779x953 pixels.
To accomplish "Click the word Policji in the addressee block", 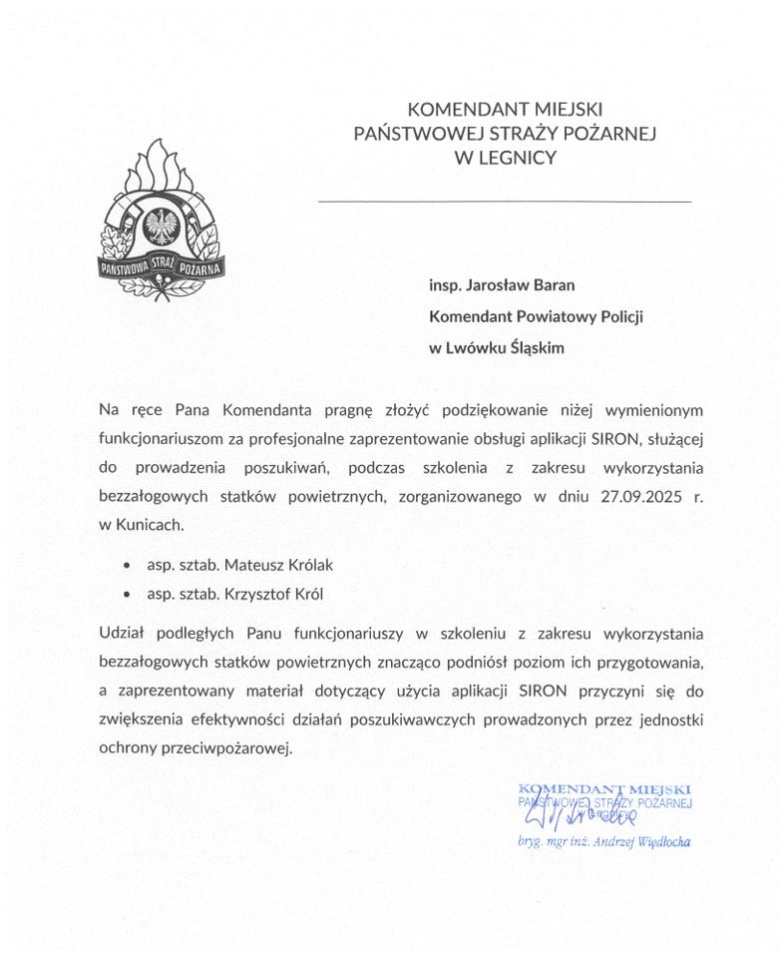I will click(x=618, y=315).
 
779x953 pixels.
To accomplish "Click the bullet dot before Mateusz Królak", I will click(x=126, y=565).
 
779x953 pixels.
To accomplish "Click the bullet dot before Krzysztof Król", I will click(x=126, y=594).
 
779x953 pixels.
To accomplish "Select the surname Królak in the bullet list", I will click(x=304, y=565).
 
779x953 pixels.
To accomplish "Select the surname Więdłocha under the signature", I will click(x=659, y=841).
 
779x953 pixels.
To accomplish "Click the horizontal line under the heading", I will click(x=504, y=201).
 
